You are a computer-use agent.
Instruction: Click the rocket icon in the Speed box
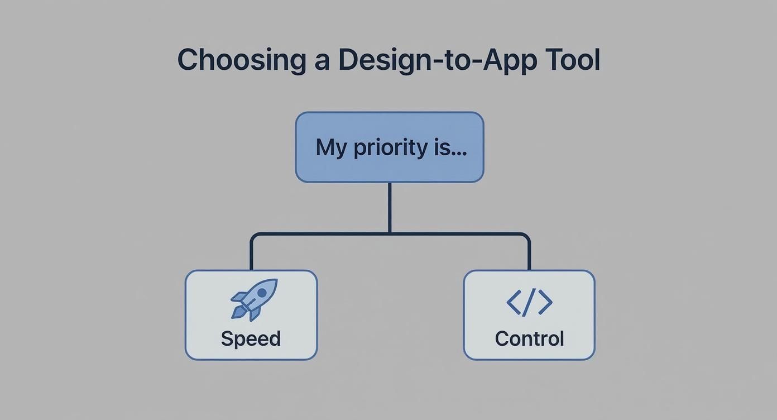point(254,299)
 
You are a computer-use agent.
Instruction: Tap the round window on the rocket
point(261,293)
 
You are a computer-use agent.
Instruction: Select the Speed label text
point(251,339)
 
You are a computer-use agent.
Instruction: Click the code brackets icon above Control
point(529,302)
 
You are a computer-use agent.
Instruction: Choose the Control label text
point(529,339)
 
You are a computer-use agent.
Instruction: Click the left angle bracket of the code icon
point(513,302)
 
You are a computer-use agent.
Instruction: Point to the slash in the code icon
point(529,302)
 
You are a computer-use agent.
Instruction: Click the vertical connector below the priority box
point(389,207)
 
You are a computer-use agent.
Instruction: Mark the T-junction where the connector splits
point(389,233)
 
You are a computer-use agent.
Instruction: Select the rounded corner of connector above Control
point(526,236)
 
